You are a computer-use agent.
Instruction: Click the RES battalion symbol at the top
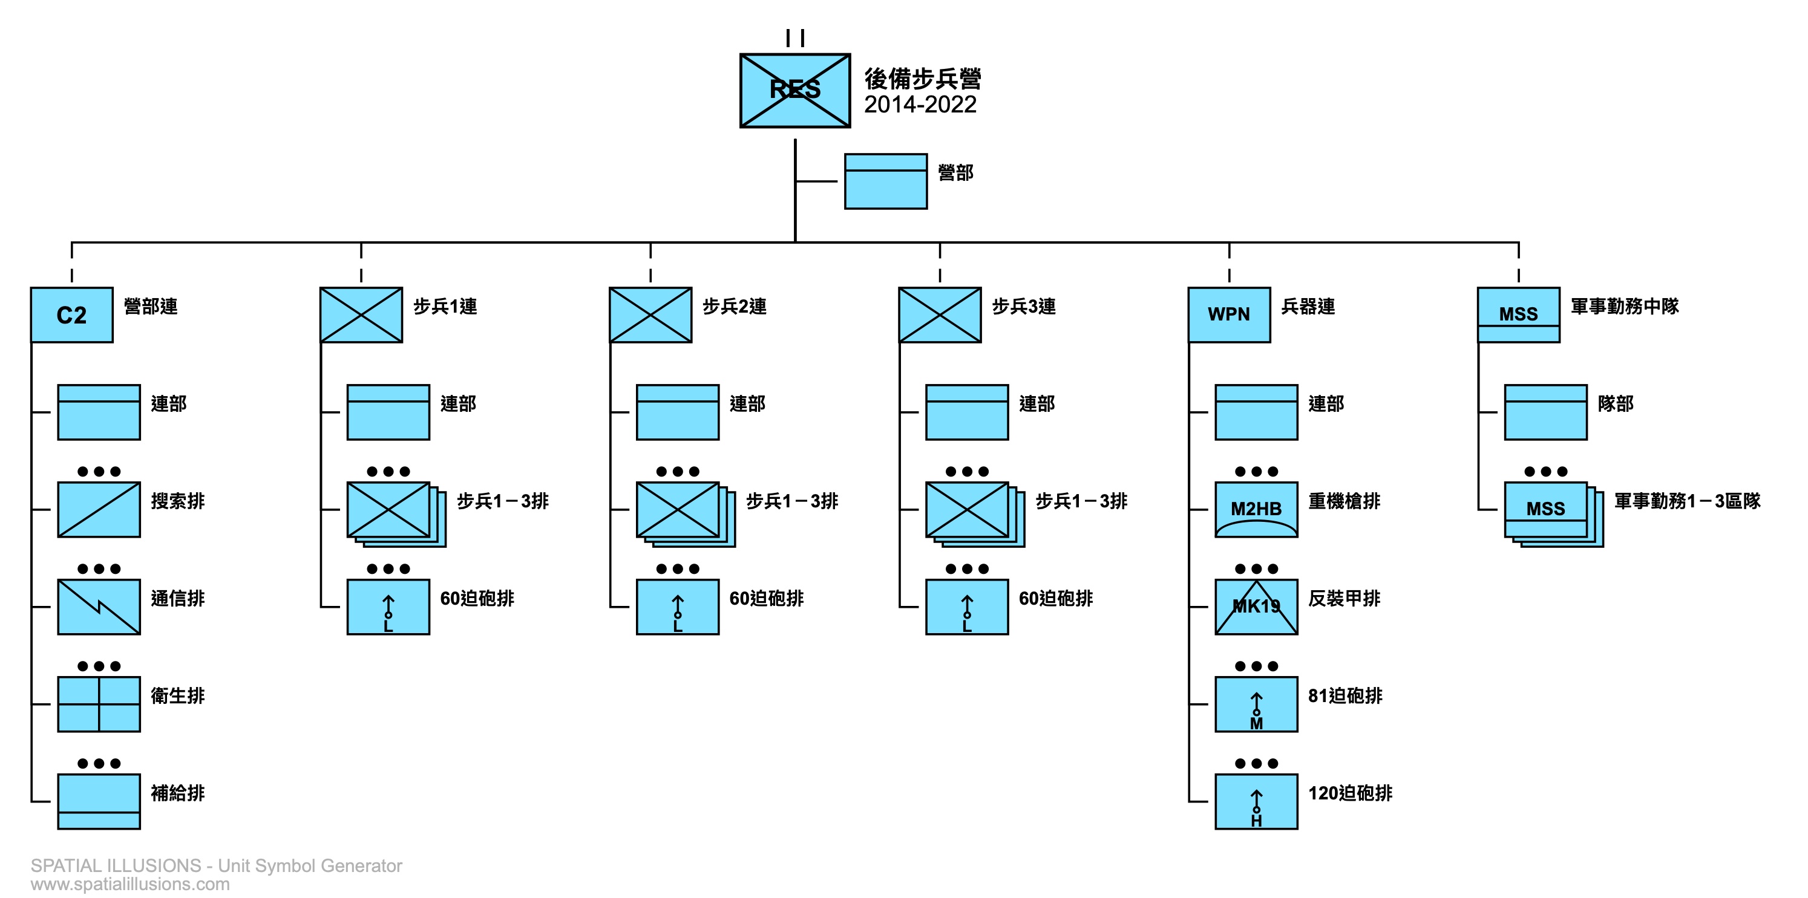794,91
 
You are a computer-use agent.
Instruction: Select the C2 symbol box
71,315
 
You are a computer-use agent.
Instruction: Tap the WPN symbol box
1229,315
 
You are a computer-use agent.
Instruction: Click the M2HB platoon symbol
1256,509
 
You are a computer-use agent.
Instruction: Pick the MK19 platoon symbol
1256,607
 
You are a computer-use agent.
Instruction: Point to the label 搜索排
177,501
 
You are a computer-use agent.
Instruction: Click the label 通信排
177,599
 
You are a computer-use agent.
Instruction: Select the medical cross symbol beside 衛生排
99,704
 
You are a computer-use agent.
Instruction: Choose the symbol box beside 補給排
99,801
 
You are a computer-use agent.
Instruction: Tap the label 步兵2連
734,307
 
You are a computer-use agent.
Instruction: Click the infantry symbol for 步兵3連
940,315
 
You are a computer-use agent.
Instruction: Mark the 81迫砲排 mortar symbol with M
1256,704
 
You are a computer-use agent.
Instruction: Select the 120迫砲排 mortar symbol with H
1256,801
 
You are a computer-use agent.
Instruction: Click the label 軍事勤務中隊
1625,307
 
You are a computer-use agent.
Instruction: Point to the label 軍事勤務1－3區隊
1687,501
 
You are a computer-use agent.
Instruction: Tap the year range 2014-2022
920,105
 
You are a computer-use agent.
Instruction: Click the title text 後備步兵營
922,79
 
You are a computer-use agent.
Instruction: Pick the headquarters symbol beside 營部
886,181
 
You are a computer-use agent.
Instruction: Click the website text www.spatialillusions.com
130,884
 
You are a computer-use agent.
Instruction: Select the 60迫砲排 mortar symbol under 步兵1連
388,607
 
